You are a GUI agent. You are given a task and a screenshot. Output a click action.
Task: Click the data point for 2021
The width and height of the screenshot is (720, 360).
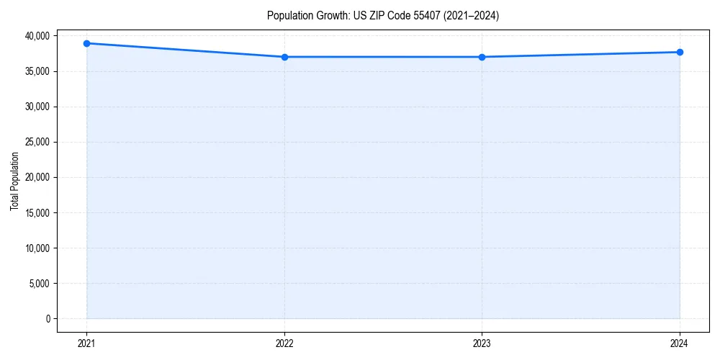click(86, 43)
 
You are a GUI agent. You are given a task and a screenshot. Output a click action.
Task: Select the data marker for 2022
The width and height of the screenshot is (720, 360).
click(284, 57)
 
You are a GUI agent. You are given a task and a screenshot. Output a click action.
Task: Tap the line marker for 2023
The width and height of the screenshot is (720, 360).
click(482, 57)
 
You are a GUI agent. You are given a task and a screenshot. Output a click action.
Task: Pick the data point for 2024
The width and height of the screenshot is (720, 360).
click(680, 52)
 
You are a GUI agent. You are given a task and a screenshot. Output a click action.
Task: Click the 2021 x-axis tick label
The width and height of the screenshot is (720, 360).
click(86, 343)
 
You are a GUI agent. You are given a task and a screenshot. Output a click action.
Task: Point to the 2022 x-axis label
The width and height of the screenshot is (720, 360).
click(284, 343)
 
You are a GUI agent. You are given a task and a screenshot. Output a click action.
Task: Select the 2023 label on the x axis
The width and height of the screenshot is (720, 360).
click(482, 343)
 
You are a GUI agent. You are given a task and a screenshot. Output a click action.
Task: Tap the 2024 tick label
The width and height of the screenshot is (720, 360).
click(680, 343)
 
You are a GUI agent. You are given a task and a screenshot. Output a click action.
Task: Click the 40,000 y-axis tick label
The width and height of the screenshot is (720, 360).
click(37, 36)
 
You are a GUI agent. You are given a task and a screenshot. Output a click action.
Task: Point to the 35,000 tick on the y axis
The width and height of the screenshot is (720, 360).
click(37, 71)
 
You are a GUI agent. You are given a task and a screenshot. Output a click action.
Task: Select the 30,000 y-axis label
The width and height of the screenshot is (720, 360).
click(37, 107)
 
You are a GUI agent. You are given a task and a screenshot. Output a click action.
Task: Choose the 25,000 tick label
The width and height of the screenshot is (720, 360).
click(37, 142)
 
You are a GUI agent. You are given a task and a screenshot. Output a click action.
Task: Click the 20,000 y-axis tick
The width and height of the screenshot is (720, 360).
click(37, 177)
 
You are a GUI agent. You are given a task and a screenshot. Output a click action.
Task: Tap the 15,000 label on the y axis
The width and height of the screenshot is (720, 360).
click(37, 212)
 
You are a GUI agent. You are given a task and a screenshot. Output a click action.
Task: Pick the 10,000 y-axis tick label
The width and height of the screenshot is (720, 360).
click(37, 248)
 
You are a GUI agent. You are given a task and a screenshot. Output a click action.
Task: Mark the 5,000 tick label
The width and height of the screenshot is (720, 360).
click(39, 283)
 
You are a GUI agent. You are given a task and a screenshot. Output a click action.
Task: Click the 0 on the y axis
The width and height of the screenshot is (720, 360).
click(48, 318)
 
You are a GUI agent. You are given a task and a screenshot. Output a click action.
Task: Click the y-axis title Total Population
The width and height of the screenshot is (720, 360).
click(14, 181)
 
